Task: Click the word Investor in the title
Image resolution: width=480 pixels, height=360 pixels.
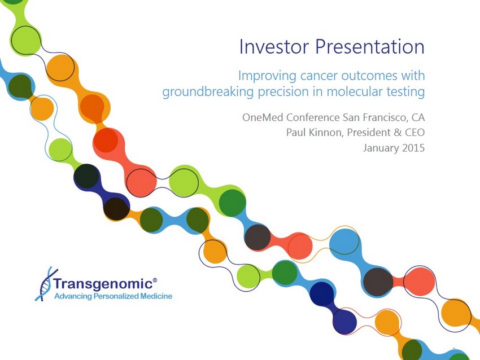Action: pos(274,47)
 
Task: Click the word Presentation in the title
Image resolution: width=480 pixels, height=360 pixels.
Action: pos(370,47)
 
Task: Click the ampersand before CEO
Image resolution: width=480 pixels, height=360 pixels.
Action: pos(398,133)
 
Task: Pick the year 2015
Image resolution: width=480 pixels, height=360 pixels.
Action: pos(413,148)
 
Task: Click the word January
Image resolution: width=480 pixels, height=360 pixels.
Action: pos(381,148)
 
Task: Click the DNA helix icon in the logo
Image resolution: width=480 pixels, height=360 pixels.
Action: pos(46,283)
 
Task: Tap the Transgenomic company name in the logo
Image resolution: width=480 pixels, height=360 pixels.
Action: pos(103,284)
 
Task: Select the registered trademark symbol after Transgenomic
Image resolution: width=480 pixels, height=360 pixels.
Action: pos(155,280)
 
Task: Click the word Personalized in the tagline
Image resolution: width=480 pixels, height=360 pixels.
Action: pos(116,296)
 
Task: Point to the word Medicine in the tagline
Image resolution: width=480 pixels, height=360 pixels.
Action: pos(156,296)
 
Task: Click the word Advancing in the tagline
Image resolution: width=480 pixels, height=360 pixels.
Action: pos(73,296)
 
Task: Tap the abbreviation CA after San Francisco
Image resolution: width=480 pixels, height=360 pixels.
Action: pos(418,117)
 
